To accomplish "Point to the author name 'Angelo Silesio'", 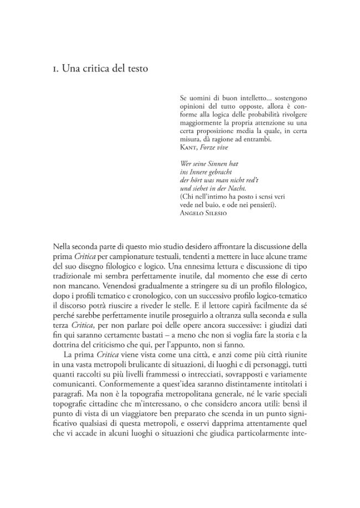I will pyautogui.click(x=203, y=213).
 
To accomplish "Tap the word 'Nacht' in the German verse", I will pyautogui.click(x=253, y=188).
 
